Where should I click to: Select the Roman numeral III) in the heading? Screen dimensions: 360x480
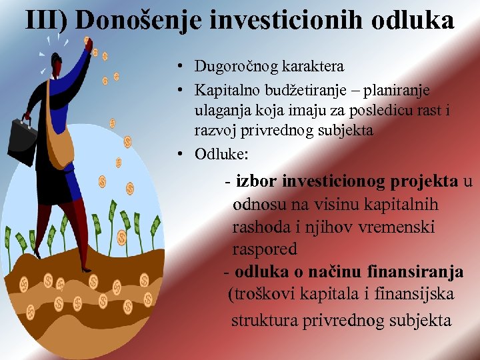[x=47, y=20]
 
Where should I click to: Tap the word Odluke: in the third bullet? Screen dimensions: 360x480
[x=221, y=154]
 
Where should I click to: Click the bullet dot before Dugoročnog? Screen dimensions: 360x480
[x=181, y=67]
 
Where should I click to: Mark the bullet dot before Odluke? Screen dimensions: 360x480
[x=181, y=155]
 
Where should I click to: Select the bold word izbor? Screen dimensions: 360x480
[x=257, y=182]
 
